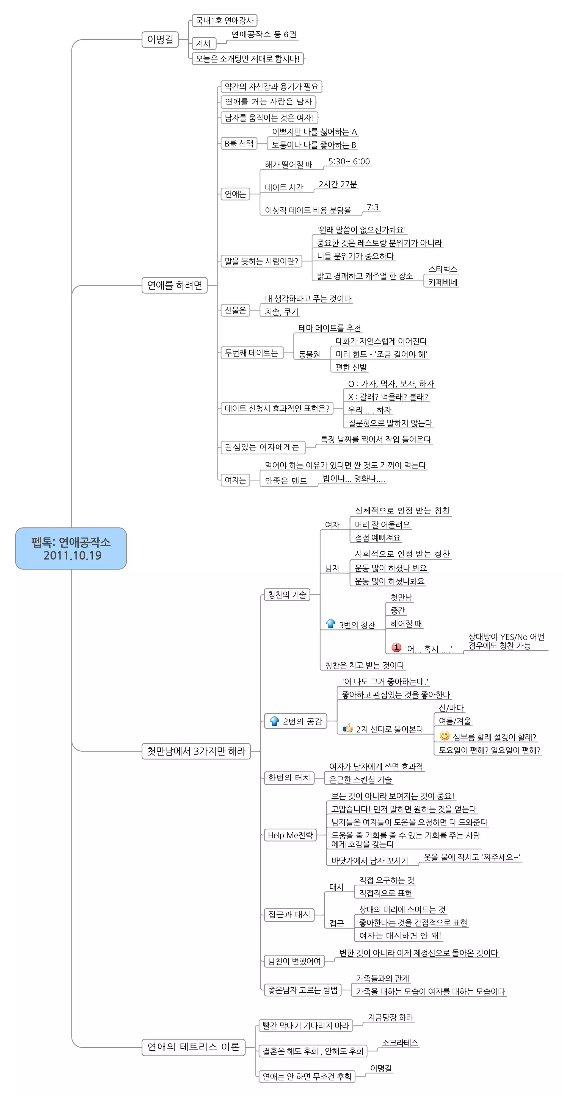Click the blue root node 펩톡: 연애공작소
pyautogui.click(x=71, y=548)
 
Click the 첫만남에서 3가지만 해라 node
pyautogui.click(x=196, y=751)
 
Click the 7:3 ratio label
pyautogui.click(x=372, y=207)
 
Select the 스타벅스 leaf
pyautogui.click(x=443, y=269)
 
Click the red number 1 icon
pyautogui.click(x=396, y=647)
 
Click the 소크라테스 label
pyautogui.click(x=400, y=1043)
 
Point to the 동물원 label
pyautogui.click(x=309, y=354)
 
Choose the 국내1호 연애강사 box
pyautogui.click(x=225, y=20)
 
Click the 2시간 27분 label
pyautogui.click(x=338, y=184)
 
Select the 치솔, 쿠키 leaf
pyautogui.click(x=281, y=312)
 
